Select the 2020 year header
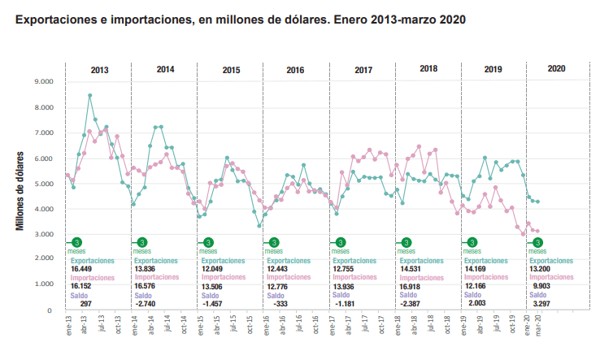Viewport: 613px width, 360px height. pyautogui.click(x=557, y=70)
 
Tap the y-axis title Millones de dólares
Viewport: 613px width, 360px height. pyautogui.click(x=20, y=190)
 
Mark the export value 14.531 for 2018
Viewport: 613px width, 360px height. pyautogui.click(x=410, y=268)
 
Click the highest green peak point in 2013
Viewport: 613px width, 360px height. pyautogui.click(x=89, y=95)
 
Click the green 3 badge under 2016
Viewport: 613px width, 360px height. pyautogui.click(x=274, y=242)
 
